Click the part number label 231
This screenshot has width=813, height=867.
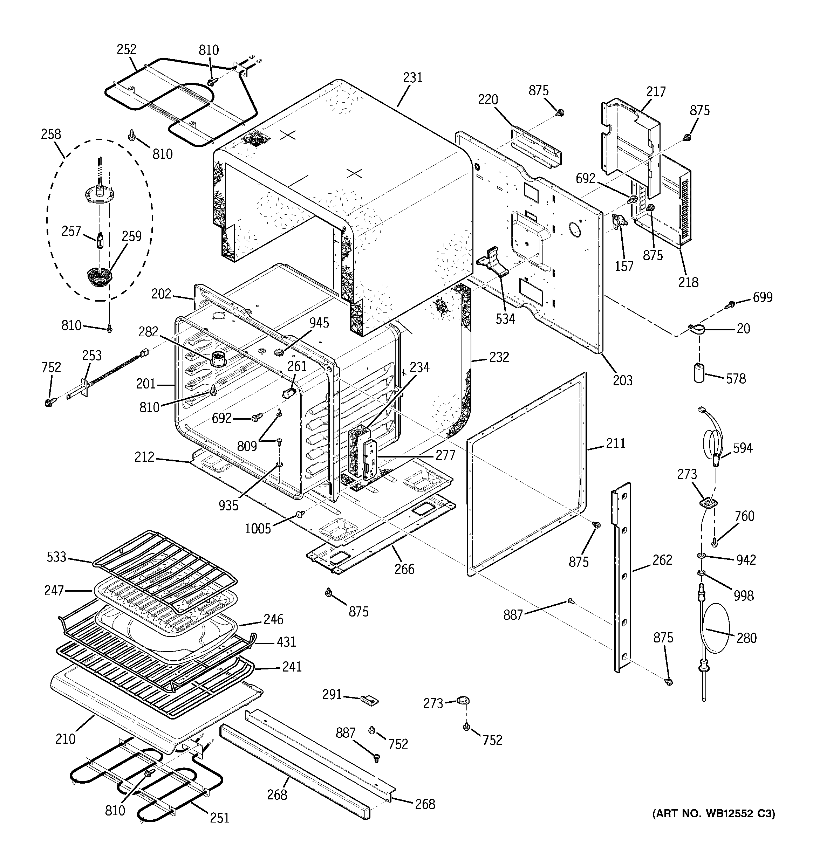pyautogui.click(x=412, y=78)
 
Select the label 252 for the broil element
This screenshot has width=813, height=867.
pyautogui.click(x=127, y=49)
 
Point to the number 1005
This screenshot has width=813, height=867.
pyautogui.click(x=258, y=529)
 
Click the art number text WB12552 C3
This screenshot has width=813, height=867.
pyautogui.click(x=713, y=813)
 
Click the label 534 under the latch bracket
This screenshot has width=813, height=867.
pyautogui.click(x=505, y=319)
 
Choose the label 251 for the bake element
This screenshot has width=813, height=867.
pyautogui.click(x=219, y=817)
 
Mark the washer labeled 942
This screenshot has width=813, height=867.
pyautogui.click(x=701, y=556)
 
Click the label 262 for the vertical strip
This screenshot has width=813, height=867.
pyautogui.click(x=662, y=559)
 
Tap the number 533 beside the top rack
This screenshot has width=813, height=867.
pyautogui.click(x=56, y=557)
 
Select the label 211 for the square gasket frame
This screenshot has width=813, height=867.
pyautogui.click(x=616, y=443)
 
